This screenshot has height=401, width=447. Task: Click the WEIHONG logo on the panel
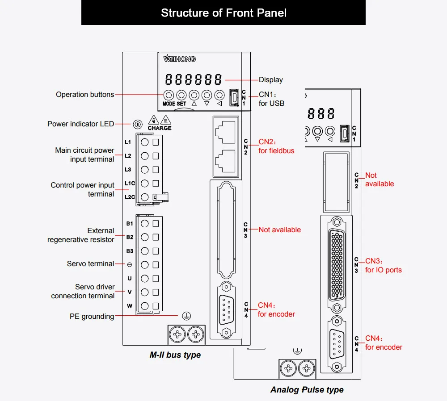(x=179, y=58)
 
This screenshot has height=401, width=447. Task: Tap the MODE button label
(x=169, y=104)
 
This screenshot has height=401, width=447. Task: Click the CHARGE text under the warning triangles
(x=160, y=128)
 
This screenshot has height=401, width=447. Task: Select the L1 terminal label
(x=128, y=142)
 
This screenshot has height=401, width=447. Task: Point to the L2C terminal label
(x=130, y=197)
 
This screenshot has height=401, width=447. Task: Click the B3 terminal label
(x=130, y=251)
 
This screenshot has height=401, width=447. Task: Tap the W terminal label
(x=130, y=306)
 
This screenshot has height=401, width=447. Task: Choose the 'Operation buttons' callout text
(x=85, y=95)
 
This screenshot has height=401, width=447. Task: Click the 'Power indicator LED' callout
(x=80, y=124)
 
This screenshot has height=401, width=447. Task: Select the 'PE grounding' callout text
(x=92, y=317)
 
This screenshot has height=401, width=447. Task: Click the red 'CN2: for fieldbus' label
(x=276, y=146)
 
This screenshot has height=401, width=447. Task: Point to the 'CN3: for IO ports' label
(x=384, y=265)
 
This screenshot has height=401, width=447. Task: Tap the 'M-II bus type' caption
(x=175, y=355)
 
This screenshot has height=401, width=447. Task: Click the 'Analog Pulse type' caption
(x=307, y=389)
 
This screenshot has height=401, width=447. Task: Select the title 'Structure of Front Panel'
(x=224, y=13)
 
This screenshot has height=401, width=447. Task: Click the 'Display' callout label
(x=271, y=80)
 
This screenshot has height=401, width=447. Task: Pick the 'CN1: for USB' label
(x=271, y=99)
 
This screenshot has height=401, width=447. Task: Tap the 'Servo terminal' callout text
(x=90, y=264)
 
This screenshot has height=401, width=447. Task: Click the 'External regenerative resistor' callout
(x=80, y=235)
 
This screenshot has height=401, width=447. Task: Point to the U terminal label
(x=130, y=279)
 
